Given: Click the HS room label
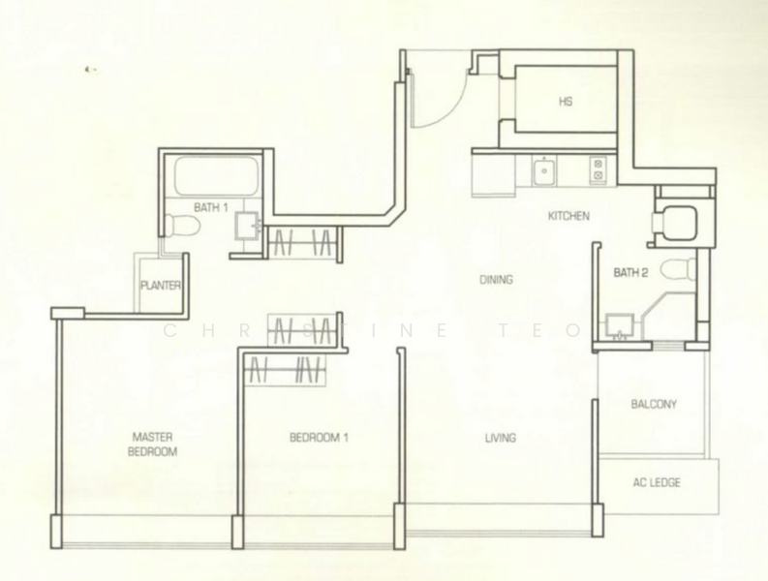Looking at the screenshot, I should click(x=565, y=101).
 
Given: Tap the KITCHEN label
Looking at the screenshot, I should click(x=568, y=216).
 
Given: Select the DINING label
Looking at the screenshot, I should click(x=496, y=280).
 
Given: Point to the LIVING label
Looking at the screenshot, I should click(x=501, y=438).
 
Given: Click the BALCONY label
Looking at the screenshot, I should click(x=654, y=405).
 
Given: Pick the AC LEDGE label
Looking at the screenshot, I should click(x=654, y=482).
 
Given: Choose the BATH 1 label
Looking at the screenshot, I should click(x=210, y=207).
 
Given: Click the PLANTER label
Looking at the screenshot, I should click(x=161, y=286).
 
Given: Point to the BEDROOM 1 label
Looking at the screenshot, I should click(x=319, y=438).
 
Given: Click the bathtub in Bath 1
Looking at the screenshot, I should click(x=216, y=176).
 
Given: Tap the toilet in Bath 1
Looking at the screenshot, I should click(x=182, y=227).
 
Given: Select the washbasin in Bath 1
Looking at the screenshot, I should click(x=249, y=227).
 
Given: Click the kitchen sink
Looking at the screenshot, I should click(x=545, y=171).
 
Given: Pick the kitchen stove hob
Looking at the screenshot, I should click(x=598, y=170).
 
